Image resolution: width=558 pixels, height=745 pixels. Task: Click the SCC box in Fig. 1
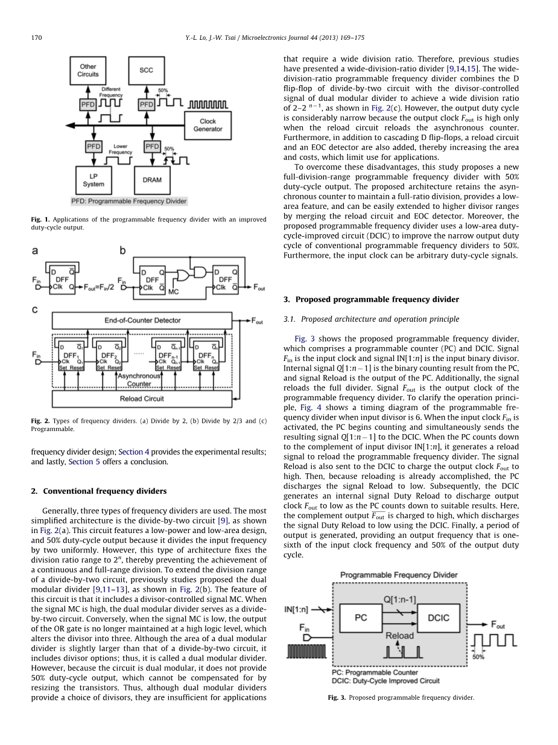[x=146, y=70]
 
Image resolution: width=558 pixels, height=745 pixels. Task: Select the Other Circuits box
[x=88, y=70]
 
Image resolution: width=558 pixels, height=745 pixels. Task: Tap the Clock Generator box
[x=207, y=125]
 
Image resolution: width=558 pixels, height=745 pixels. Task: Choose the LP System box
[x=94, y=180]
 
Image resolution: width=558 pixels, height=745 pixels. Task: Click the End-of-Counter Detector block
[x=142, y=320]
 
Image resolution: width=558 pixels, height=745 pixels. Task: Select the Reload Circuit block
[x=142, y=398]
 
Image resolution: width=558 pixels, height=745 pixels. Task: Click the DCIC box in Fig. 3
[x=439, y=618]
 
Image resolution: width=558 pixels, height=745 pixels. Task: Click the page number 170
[x=36, y=38]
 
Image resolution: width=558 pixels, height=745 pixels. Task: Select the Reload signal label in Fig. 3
[x=399, y=635]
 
